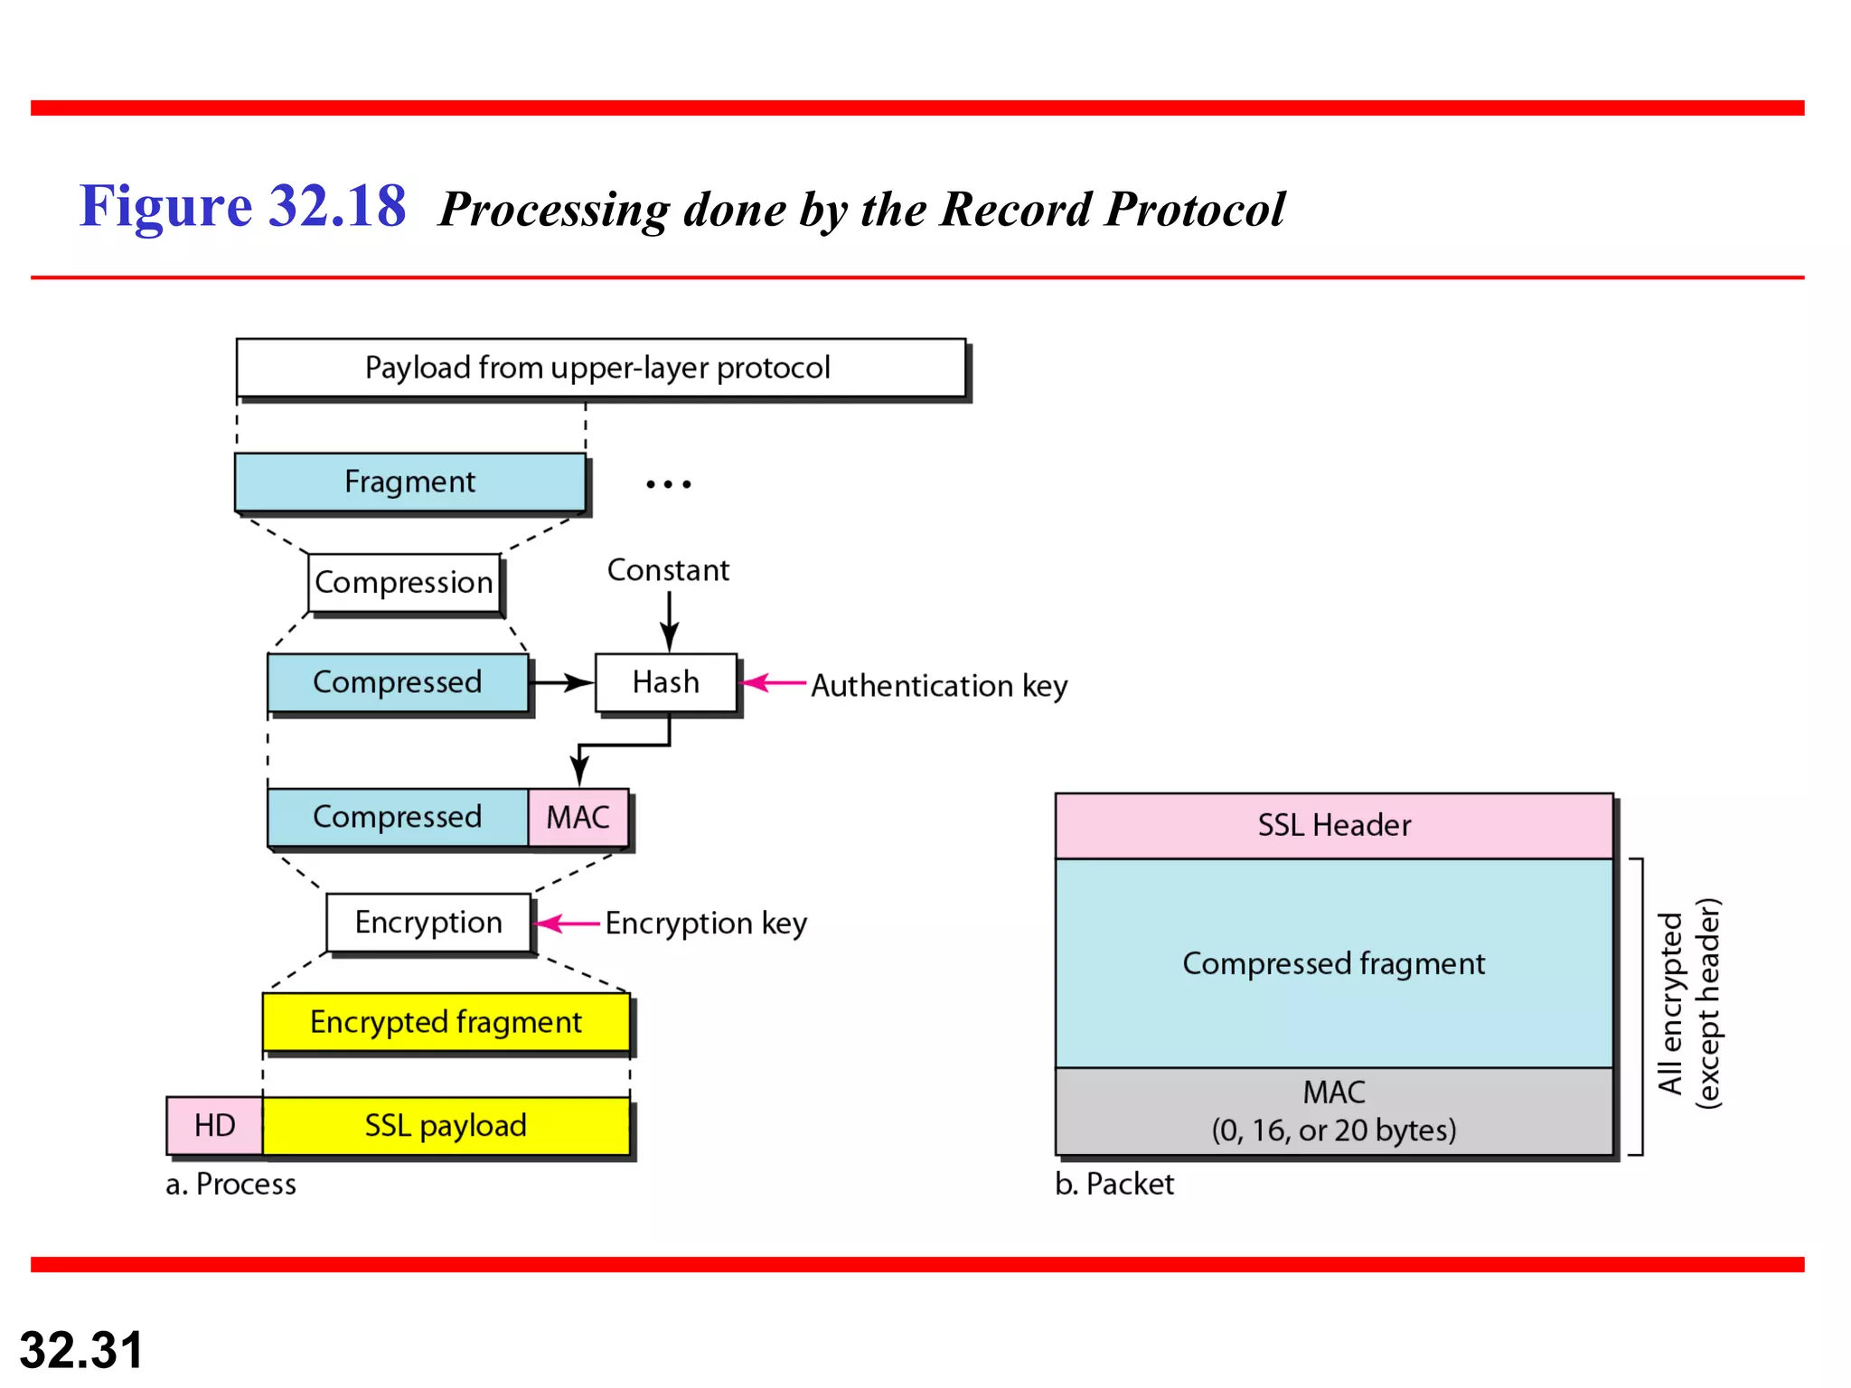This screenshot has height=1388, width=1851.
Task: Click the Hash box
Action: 666,682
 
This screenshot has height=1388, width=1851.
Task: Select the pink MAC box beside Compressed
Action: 578,817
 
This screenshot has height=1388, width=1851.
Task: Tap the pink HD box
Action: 215,1125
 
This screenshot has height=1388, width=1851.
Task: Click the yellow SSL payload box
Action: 446,1125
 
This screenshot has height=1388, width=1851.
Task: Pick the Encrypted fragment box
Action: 446,1022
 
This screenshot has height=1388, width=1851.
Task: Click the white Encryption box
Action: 428,923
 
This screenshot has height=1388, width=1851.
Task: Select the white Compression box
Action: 404,583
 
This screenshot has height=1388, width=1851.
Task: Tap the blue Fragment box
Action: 409,482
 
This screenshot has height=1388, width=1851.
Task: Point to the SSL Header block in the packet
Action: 1334,825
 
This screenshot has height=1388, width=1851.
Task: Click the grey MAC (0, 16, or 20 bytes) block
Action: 1334,1111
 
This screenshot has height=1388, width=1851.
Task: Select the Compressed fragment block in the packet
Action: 1334,963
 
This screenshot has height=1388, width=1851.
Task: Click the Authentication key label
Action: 939,686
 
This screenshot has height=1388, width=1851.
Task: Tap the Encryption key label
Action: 706,924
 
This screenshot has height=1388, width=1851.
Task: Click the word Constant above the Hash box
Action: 668,570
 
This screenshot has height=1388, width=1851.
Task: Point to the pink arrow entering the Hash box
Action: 774,682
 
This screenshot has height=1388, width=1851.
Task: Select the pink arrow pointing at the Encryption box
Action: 568,924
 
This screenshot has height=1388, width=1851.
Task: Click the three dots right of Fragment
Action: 669,484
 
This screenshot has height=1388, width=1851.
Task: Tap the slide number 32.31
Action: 81,1350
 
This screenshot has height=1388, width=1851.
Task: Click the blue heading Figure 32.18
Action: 242,206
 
